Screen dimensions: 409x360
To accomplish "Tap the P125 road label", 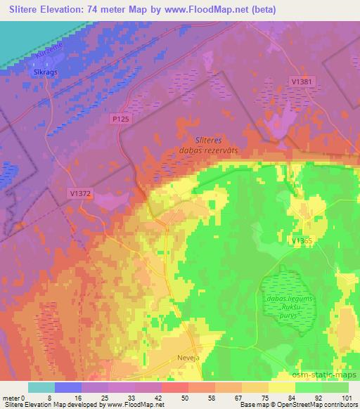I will [x=121, y=120].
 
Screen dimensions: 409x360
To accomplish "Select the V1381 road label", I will [x=300, y=82].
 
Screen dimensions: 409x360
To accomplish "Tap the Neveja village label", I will [x=186, y=356].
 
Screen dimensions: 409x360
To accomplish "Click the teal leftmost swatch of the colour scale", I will [x=41, y=387].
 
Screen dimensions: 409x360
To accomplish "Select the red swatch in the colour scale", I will [x=173, y=387].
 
